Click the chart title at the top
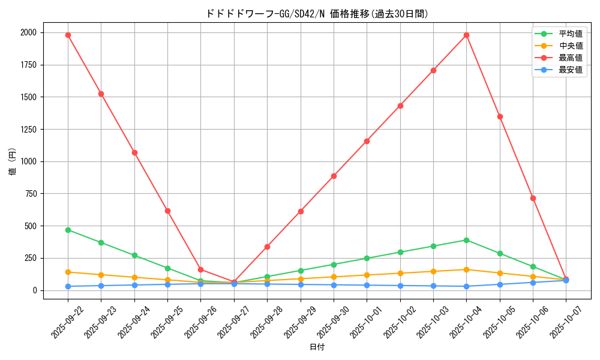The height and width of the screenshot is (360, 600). coord(317,14)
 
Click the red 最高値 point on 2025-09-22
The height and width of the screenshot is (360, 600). coord(68,35)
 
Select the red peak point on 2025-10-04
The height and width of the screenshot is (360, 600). coord(466,35)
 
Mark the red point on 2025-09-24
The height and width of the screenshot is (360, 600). coord(134,152)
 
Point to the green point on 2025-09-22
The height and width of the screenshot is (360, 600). coord(68,230)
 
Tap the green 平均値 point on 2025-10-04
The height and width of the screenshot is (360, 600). coord(466,240)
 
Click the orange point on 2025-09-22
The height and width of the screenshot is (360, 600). coord(68,272)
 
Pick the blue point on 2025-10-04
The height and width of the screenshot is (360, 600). coord(466,286)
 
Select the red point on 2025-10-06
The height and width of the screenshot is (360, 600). coord(533,198)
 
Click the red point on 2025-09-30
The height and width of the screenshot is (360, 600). coord(334,176)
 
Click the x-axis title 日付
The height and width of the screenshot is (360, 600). coord(317,347)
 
